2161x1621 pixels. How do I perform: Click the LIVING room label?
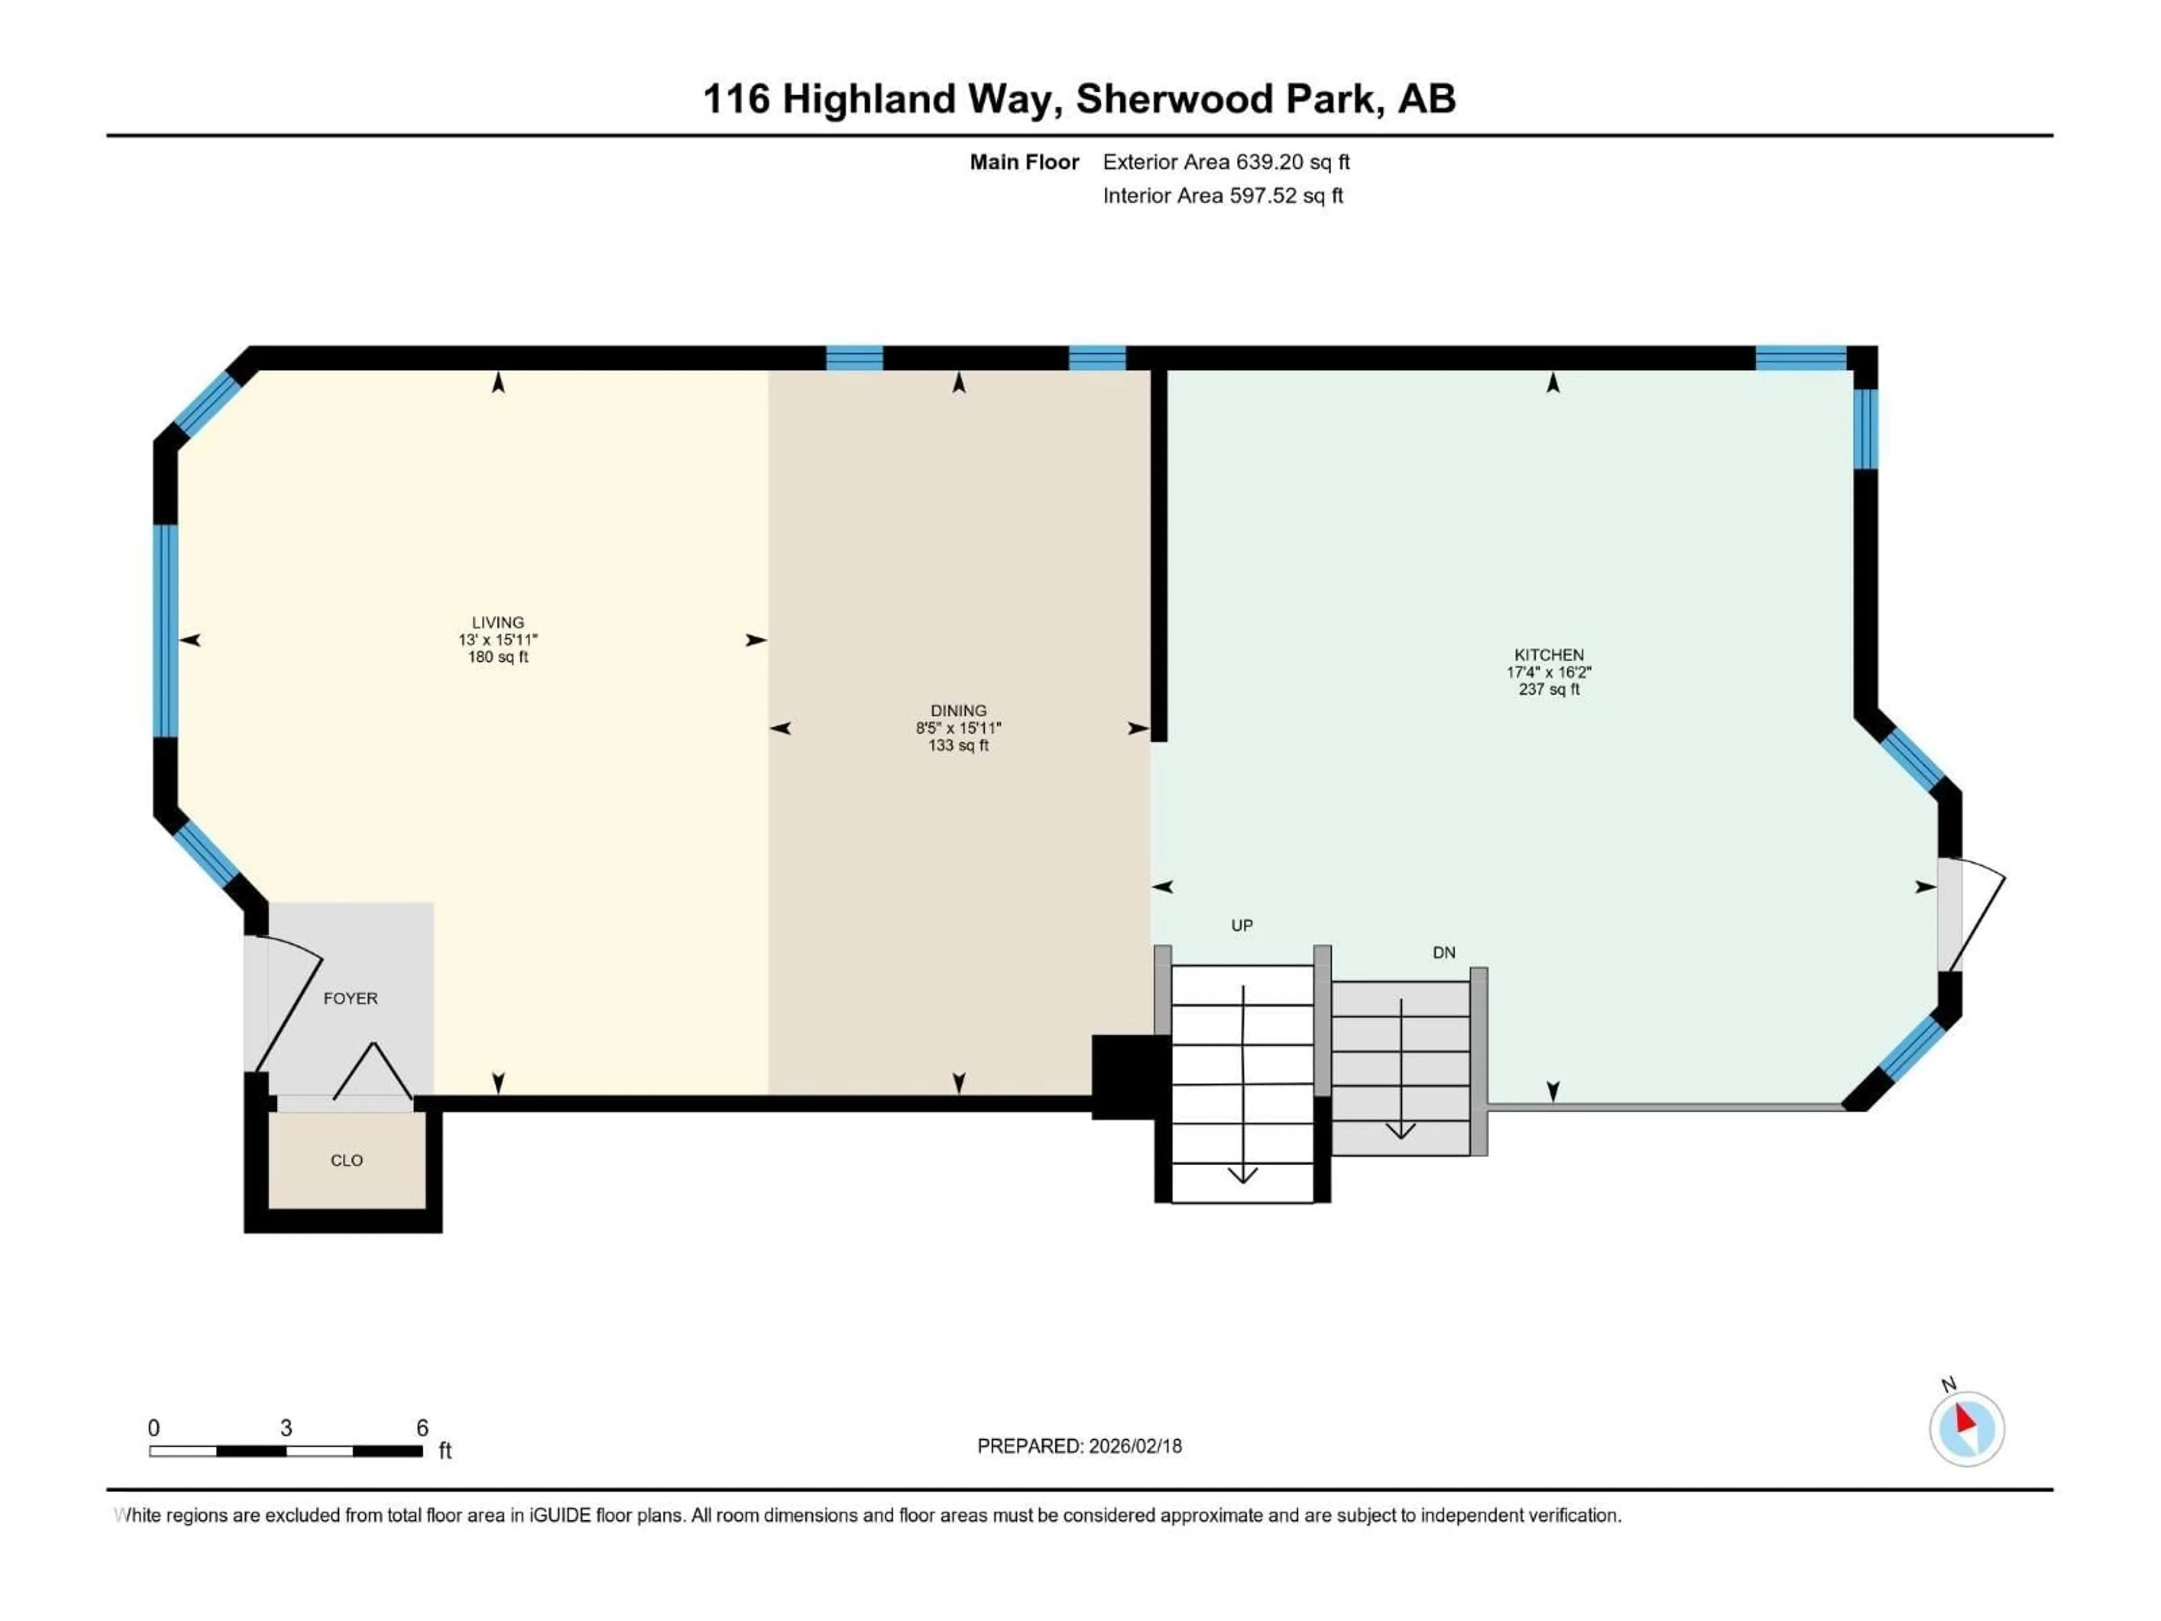pos(497,623)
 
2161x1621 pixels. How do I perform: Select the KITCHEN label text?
pos(1549,655)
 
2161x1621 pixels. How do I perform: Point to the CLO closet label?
pos(346,1161)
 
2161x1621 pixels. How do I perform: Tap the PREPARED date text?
pos(1079,1446)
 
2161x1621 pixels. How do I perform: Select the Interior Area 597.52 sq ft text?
pos(1222,195)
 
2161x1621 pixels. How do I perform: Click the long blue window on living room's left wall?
pos(165,631)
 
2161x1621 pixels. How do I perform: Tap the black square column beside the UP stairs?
pos(1128,1076)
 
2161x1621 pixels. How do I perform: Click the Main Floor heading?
pos(1023,162)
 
